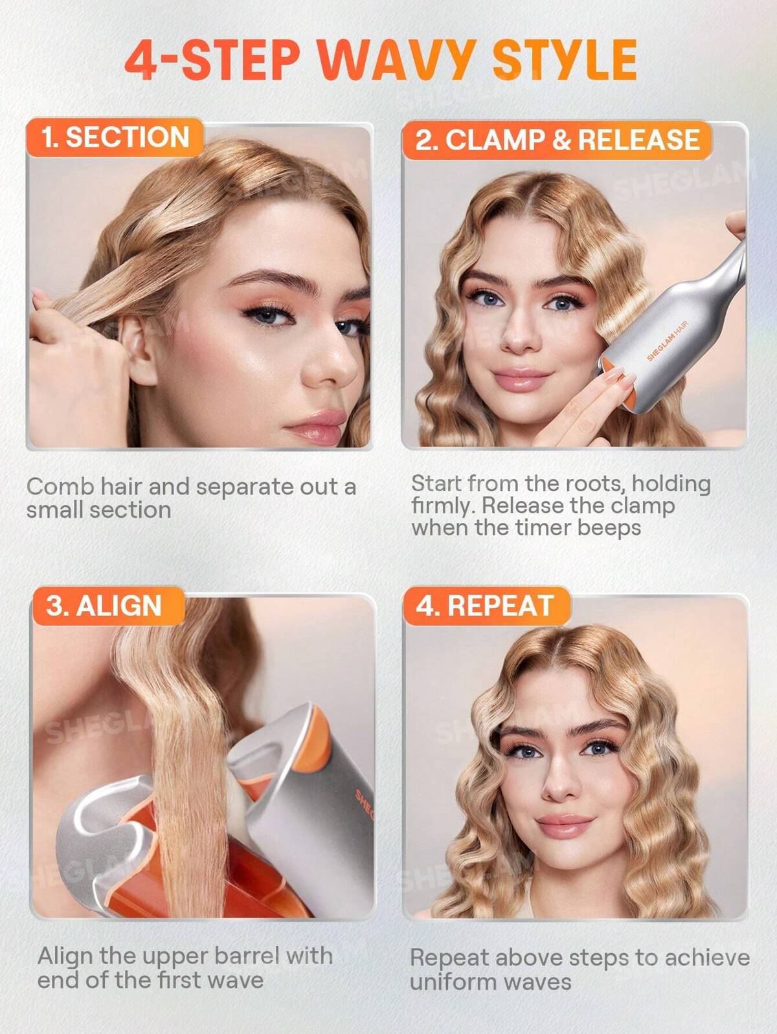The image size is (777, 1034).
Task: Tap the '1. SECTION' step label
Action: tap(115, 137)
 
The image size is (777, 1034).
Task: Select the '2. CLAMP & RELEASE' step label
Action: tap(557, 140)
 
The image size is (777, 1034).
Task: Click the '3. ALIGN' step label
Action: tap(104, 606)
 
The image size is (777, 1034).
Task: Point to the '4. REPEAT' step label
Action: tap(484, 606)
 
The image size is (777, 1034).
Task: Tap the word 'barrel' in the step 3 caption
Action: tap(247, 956)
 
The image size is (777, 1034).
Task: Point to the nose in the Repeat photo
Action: tap(558, 784)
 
